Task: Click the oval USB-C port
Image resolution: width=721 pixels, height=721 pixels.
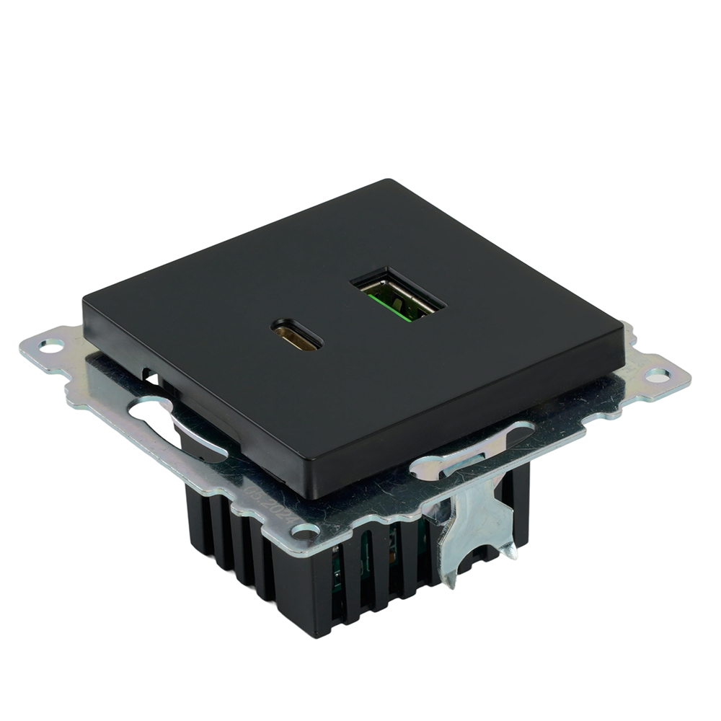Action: point(296,337)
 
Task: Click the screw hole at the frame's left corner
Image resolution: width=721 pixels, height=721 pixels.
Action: point(50,347)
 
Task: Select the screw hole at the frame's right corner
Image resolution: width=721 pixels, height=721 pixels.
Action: point(657,375)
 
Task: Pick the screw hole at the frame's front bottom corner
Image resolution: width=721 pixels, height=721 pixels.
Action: point(305,532)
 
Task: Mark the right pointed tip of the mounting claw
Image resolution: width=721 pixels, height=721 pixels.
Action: point(511,552)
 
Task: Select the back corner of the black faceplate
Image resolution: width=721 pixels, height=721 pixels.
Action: point(389,181)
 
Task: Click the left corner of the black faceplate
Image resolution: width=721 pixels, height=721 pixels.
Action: point(84,301)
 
